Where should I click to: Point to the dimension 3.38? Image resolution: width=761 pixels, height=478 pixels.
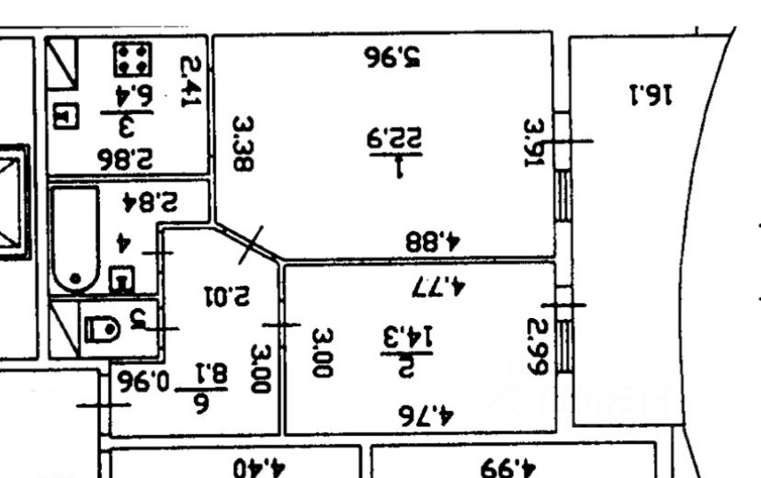(x=243, y=144)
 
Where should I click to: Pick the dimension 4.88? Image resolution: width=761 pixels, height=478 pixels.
(x=432, y=242)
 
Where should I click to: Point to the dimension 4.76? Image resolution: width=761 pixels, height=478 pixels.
(x=427, y=413)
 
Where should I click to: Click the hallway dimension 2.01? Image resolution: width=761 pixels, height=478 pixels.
(x=225, y=297)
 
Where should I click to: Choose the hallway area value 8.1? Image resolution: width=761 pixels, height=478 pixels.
(x=211, y=373)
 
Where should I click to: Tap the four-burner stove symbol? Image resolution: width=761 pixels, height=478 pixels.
(x=132, y=59)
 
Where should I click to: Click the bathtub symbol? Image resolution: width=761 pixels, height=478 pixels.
(x=74, y=238)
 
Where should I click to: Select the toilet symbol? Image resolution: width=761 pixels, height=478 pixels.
(x=102, y=328)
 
